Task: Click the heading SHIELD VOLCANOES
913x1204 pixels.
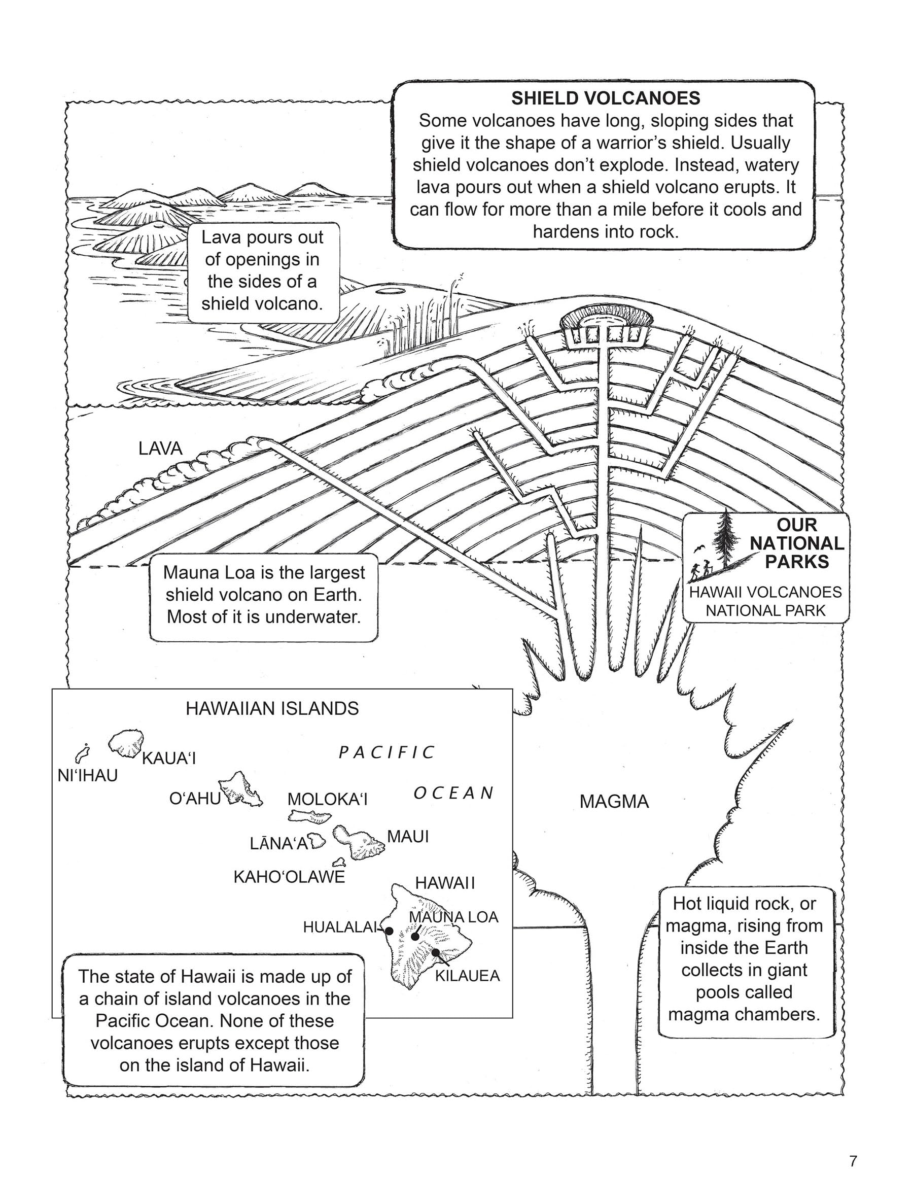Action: [x=605, y=98]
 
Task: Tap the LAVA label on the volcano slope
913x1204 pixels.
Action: [x=160, y=449]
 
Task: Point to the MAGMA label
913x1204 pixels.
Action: [x=614, y=802]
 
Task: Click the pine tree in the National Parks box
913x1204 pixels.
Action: [x=726, y=536]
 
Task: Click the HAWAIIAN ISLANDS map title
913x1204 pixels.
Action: [x=272, y=709]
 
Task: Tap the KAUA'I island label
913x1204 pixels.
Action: [x=169, y=758]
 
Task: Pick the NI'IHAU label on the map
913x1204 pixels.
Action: [x=88, y=776]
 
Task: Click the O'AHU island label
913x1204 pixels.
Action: [x=195, y=799]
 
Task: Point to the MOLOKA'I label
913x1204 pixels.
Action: [x=328, y=799]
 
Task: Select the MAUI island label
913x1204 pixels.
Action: [x=407, y=837]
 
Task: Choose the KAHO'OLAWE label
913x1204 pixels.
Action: [x=289, y=877]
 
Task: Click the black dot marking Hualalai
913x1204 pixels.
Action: [x=389, y=931]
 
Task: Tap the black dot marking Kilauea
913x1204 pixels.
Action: [x=435, y=952]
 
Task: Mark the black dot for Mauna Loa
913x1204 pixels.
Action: [x=415, y=936]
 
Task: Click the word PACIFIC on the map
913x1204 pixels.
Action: [x=387, y=753]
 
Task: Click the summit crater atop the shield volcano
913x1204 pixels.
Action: [x=605, y=320]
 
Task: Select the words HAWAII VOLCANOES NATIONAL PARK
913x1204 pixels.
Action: [x=765, y=601]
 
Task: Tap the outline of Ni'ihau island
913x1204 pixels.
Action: [x=82, y=754]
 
